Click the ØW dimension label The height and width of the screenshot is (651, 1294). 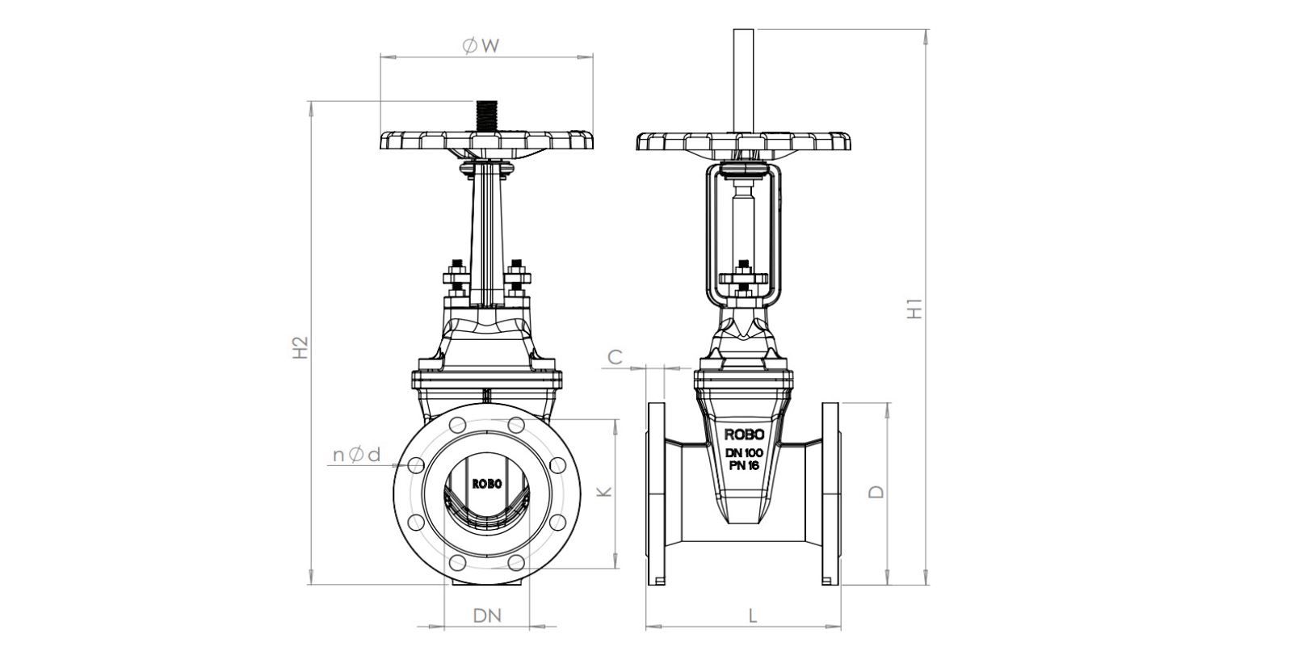point(481,46)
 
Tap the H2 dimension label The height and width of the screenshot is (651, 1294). point(300,348)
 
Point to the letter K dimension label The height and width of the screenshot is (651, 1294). point(603,492)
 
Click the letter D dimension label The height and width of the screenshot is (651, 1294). point(877,492)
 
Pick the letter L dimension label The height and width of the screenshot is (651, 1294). point(752,615)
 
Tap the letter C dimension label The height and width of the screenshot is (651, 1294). point(615,358)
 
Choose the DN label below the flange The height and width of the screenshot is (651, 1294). point(487,615)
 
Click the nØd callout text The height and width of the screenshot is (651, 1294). point(357,456)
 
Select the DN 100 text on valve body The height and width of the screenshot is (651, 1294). point(744,453)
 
